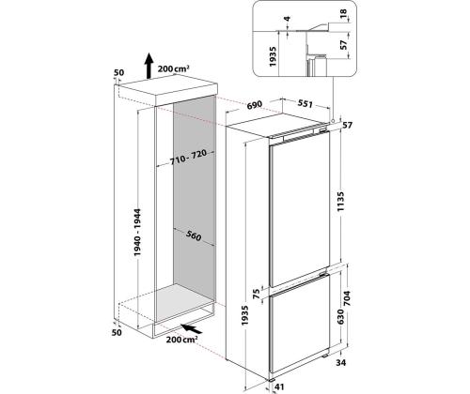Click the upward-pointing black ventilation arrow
(x=149, y=66)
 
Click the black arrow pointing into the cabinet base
(x=192, y=328)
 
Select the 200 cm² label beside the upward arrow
(x=173, y=68)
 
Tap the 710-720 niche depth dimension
(x=188, y=158)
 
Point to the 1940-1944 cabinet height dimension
(x=137, y=233)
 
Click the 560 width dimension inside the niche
(x=194, y=235)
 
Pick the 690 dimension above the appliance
(x=255, y=105)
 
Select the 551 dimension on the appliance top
(x=305, y=103)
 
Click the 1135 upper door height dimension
(x=341, y=202)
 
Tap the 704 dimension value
(x=347, y=298)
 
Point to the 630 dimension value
(x=340, y=317)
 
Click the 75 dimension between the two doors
(x=257, y=294)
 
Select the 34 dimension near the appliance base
(x=341, y=363)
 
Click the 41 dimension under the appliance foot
(x=279, y=386)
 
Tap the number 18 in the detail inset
(x=343, y=13)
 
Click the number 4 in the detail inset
(x=287, y=19)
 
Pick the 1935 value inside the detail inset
(x=273, y=56)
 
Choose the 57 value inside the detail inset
(x=344, y=45)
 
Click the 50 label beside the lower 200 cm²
(x=117, y=332)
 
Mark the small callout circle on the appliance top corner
(x=333, y=120)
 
